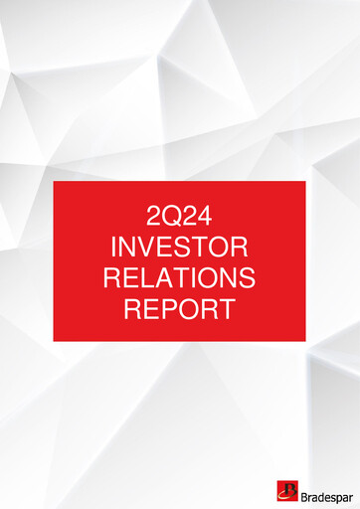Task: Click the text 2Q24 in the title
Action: (179, 215)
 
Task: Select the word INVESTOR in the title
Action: (179, 246)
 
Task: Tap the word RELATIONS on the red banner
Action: (179, 276)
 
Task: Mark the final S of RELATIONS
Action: (246, 276)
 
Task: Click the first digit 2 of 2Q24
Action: (152, 215)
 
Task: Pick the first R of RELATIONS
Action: (111, 276)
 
